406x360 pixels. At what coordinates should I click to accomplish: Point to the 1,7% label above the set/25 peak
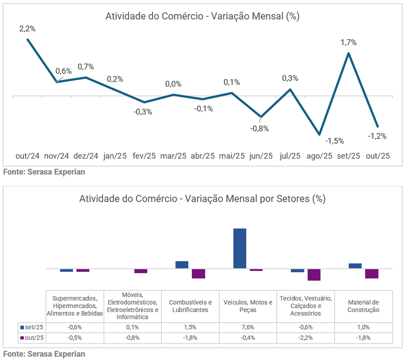[349, 42]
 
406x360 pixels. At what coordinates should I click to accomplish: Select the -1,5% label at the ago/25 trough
[334, 140]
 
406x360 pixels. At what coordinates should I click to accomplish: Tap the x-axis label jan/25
[115, 156]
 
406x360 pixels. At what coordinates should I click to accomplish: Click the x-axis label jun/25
[261, 156]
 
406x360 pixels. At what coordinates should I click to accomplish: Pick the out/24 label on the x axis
[27, 156]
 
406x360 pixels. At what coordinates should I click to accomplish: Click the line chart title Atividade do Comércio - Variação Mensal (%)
[202, 16]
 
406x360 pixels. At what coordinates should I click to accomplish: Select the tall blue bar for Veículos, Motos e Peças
[240, 248]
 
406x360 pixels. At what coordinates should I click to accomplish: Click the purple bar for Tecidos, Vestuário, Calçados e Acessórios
[314, 274]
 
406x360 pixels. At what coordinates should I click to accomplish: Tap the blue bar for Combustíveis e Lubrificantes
[182, 265]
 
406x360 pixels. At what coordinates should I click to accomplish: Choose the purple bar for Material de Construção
[372, 273]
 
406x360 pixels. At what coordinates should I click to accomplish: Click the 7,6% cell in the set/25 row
[248, 327]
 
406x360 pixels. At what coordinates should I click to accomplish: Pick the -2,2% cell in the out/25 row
[305, 338]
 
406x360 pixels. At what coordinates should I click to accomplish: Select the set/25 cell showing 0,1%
[132, 327]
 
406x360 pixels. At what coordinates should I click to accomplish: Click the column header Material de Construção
[364, 306]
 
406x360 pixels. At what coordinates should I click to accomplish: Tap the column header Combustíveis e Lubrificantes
[190, 306]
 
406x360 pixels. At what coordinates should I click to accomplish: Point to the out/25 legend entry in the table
[32, 338]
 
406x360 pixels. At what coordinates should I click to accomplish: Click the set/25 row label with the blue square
[32, 327]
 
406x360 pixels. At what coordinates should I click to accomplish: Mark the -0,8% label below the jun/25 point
[260, 128]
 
